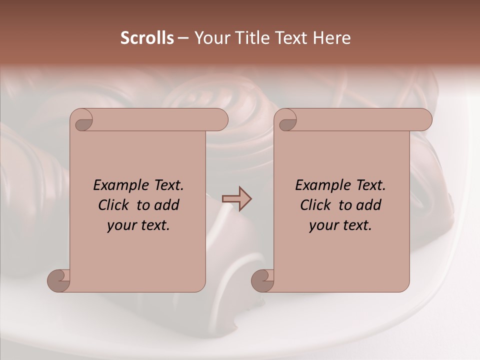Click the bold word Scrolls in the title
(147, 38)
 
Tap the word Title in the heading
(253, 38)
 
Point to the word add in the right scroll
(369, 205)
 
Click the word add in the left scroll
(167, 205)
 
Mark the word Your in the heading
(211, 38)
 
